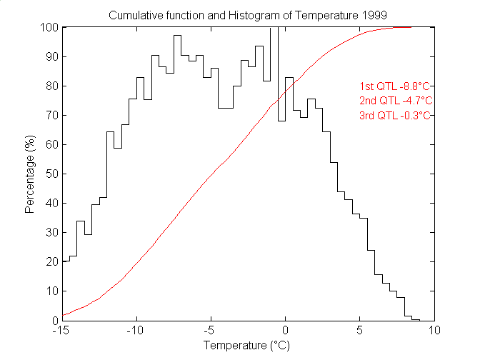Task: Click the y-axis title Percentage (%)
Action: point(30,174)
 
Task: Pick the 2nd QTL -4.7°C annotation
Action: point(396,100)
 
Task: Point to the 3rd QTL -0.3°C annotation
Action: point(396,116)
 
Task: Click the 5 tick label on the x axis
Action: point(361,331)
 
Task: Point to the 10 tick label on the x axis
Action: point(435,331)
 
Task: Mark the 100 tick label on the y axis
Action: point(49,28)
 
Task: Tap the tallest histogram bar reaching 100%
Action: point(274,71)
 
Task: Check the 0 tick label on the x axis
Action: point(286,331)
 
